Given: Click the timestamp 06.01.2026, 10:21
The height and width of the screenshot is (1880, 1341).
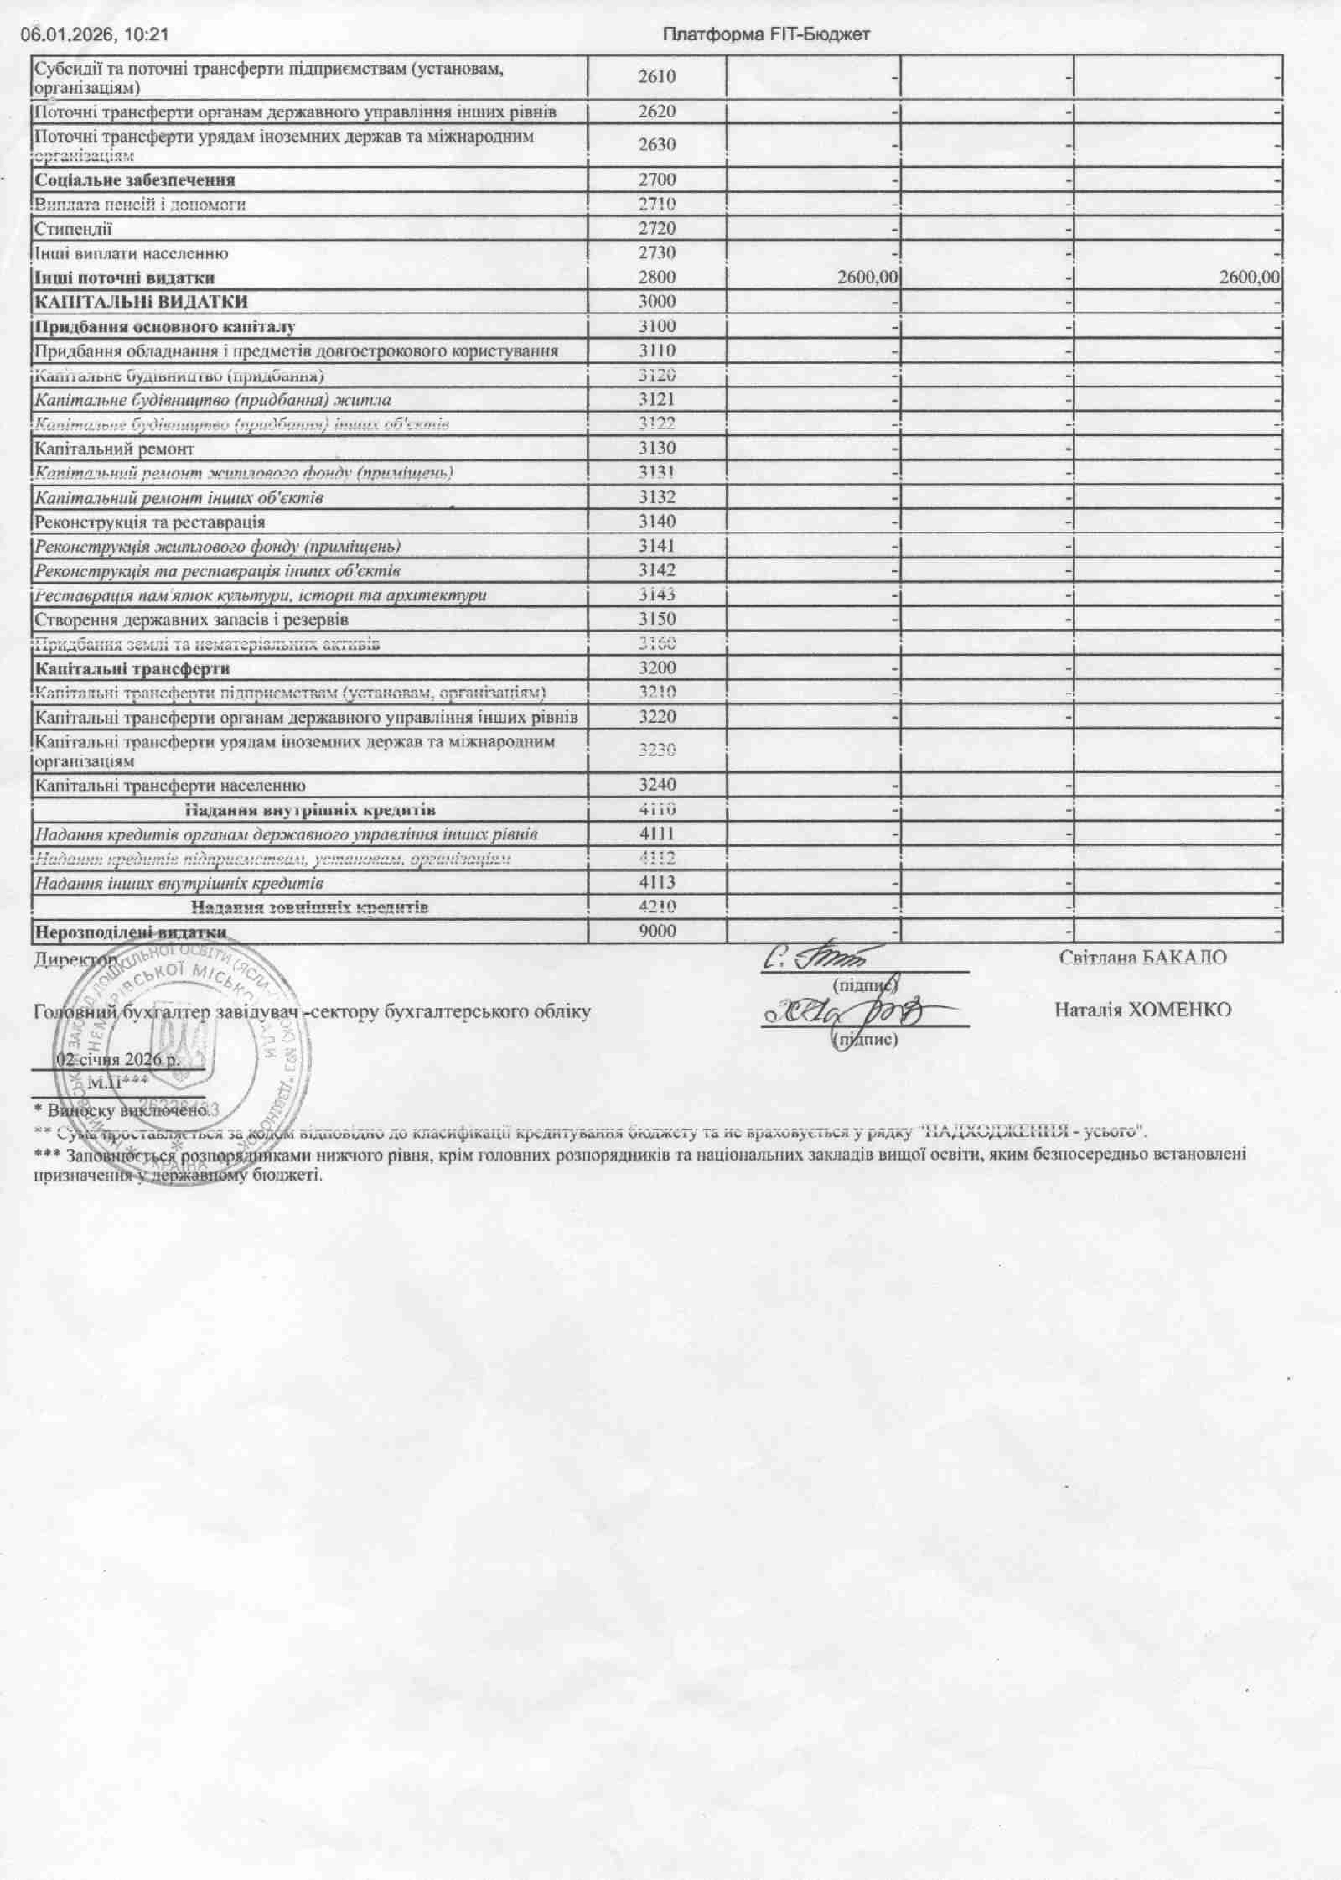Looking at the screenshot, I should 95,35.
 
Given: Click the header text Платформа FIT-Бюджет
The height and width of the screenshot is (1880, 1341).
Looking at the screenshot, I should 766,35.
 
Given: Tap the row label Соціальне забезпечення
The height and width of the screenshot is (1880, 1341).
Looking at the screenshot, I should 135,180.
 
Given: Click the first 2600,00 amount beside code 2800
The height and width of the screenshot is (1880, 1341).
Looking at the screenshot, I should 867,278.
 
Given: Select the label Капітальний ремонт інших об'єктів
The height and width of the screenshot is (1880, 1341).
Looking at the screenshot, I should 178,498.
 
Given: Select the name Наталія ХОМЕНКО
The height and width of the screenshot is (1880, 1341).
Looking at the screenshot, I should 1143,1010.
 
